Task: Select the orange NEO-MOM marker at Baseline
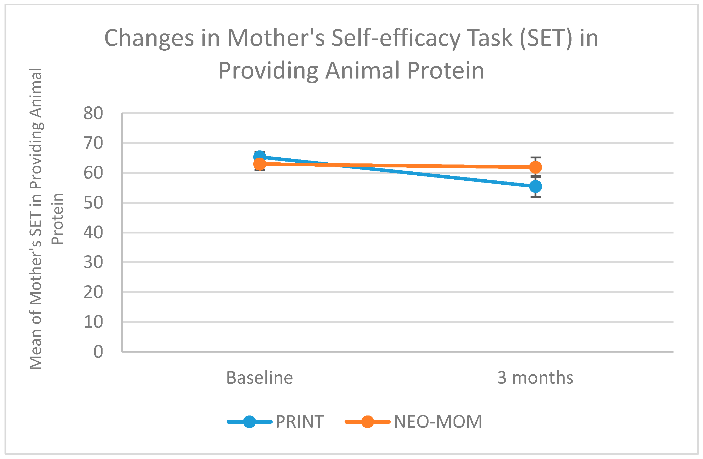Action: click(x=260, y=164)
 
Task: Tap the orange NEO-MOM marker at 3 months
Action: click(x=536, y=167)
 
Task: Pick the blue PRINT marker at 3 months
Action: click(x=536, y=187)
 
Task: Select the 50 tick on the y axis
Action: click(x=93, y=203)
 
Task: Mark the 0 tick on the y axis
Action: click(x=98, y=352)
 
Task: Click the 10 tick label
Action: click(x=93, y=322)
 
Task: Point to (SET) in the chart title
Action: click(x=546, y=38)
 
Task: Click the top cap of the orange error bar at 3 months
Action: click(x=536, y=158)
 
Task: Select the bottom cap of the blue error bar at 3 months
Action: click(x=536, y=197)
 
